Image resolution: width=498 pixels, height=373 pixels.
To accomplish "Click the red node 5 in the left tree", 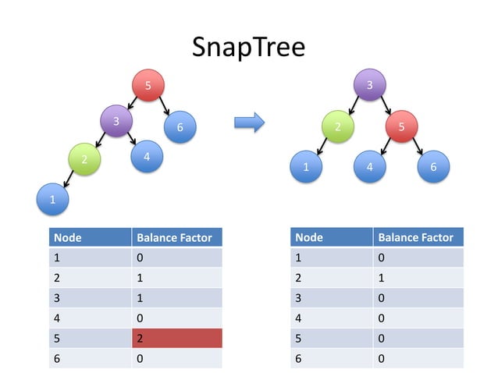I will (148, 85).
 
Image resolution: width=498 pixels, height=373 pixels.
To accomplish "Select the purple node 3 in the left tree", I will (116, 121).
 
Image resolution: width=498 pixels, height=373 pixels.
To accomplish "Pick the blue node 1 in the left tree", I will (52, 200).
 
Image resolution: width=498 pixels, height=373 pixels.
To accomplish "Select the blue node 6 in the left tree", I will (180, 126).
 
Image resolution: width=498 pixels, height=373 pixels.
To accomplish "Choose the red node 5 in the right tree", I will (401, 126).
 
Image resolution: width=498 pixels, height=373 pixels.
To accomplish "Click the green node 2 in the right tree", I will (337, 126).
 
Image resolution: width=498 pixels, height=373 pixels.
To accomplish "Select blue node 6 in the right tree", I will (434, 166).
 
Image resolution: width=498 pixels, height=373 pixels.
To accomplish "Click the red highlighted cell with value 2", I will (177, 338).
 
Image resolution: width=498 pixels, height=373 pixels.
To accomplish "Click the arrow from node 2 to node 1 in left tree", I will (68, 181).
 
